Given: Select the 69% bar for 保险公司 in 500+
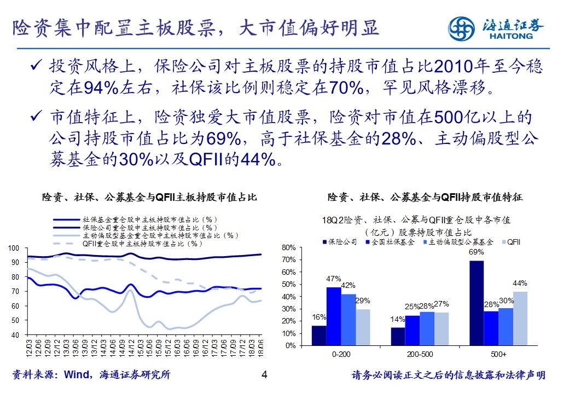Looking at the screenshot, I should coord(477,303).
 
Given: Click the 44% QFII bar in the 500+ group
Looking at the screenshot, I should coord(520,318).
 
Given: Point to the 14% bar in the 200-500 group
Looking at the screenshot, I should coord(398,337).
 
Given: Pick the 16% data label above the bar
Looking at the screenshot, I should coord(319,317).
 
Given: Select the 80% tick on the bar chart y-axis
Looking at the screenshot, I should coord(288,248).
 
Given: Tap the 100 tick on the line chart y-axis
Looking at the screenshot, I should coord(16,248).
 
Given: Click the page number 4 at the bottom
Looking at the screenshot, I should coord(264,375).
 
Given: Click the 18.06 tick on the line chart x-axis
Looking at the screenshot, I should coord(260,347).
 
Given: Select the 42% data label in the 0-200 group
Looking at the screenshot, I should coord(348,285).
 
